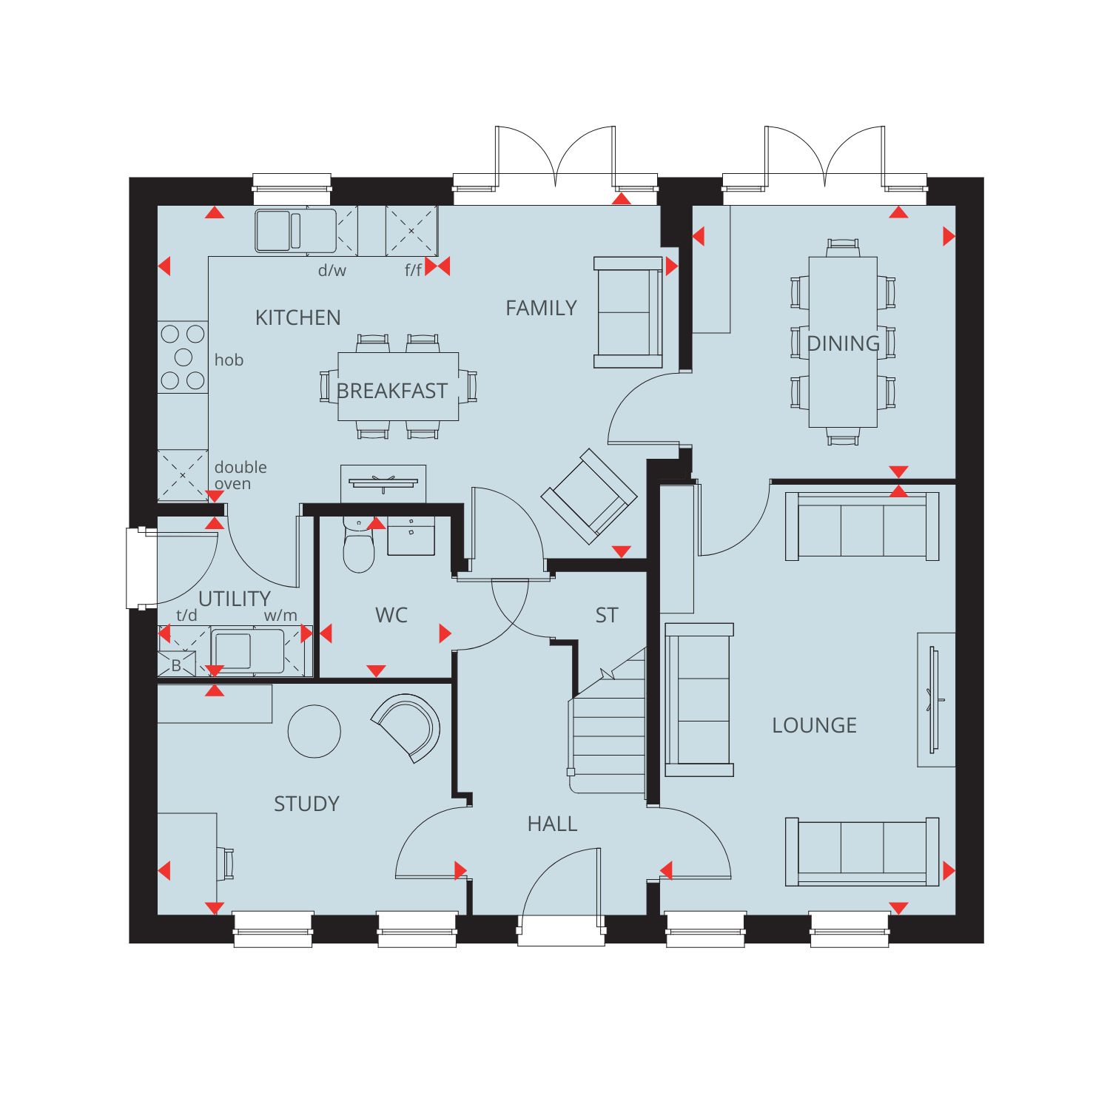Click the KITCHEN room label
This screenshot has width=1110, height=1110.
[298, 317]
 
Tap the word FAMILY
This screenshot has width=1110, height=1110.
[541, 308]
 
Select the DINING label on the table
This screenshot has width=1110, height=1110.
[843, 343]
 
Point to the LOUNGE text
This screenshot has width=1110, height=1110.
[814, 725]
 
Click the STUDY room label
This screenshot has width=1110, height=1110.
[306, 804]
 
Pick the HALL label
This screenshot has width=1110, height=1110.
[552, 824]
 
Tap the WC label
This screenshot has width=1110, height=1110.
[391, 615]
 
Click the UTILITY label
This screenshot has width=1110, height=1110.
[235, 599]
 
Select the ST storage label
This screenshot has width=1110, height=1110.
[607, 615]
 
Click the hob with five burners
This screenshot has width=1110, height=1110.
[183, 357]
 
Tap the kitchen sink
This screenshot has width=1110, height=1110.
[295, 231]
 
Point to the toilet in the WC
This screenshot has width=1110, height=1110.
[360, 545]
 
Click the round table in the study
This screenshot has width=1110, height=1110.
[314, 731]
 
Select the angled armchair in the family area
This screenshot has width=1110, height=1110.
[589, 497]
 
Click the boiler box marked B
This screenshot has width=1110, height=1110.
[176, 665]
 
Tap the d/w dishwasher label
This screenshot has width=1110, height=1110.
[332, 270]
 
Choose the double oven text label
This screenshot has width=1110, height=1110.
[240, 475]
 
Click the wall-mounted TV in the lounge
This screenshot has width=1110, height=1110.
[933, 699]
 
